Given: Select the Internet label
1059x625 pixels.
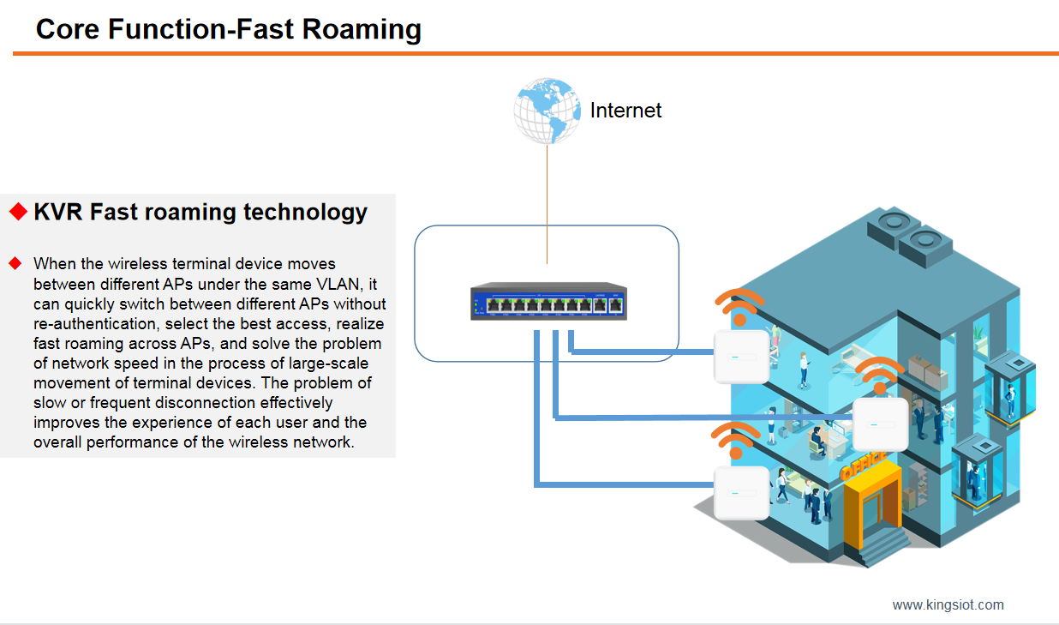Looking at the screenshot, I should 625,111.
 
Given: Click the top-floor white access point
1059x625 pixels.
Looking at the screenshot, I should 742,355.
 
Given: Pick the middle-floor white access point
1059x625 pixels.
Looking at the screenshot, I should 880,424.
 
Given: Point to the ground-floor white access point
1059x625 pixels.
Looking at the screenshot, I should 741,492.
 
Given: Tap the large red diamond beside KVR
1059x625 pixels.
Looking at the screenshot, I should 18,212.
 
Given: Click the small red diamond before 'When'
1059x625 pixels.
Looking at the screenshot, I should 14,261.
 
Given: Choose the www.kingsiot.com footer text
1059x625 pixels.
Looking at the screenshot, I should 948,604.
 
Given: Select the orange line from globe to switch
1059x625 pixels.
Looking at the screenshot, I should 547,202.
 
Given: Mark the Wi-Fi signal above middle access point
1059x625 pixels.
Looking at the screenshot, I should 878,376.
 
